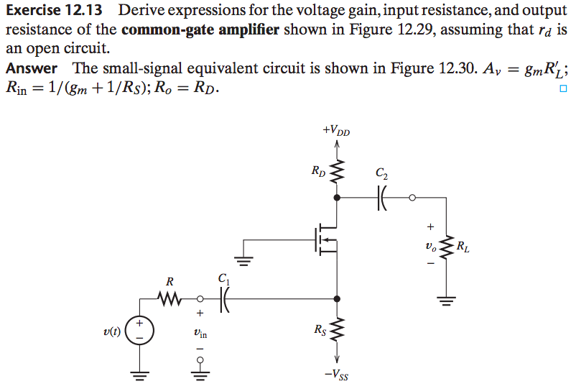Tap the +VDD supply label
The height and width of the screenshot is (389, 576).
pos(336,131)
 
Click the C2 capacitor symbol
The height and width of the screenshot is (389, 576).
pos(381,196)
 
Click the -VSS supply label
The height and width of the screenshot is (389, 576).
pos(337,374)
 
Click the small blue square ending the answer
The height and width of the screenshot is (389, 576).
pos(562,89)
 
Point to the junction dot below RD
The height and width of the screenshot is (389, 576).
pos(336,196)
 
